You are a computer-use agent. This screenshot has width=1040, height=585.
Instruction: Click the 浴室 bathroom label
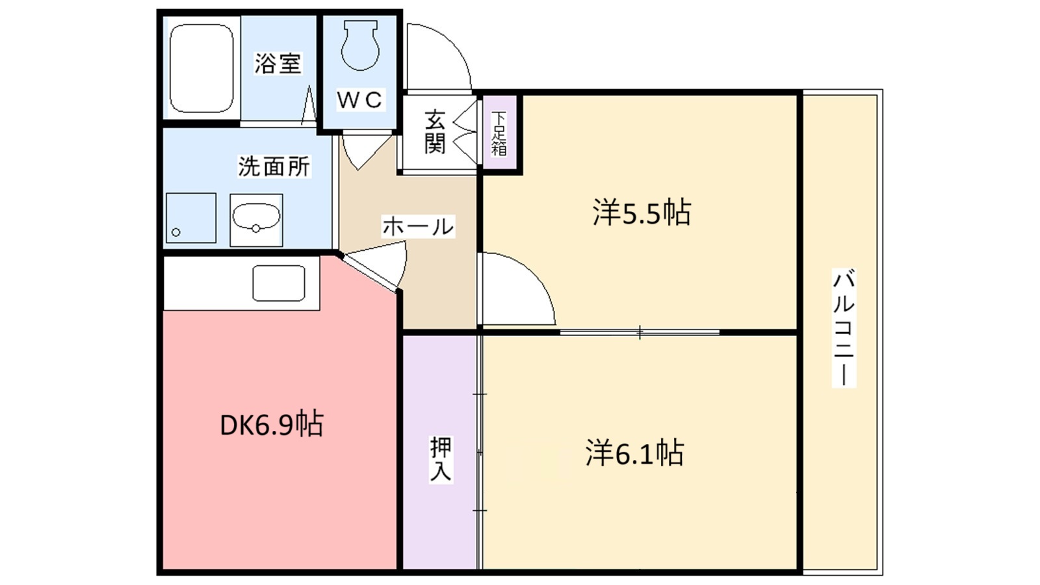[278, 64]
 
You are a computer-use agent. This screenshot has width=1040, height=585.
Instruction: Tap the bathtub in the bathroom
[201, 68]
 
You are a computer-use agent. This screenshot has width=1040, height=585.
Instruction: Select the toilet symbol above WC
[359, 45]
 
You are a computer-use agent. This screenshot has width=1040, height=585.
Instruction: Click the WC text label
[359, 100]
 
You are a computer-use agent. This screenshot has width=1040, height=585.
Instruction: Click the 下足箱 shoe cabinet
[499, 133]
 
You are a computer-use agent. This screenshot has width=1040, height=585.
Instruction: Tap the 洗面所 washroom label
[274, 166]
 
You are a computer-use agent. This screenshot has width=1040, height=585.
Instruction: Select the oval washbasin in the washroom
[256, 219]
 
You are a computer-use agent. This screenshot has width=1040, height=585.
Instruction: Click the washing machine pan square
[190, 218]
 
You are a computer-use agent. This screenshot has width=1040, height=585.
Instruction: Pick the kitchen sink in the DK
[279, 283]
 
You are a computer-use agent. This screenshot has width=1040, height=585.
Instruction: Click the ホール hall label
[417, 226]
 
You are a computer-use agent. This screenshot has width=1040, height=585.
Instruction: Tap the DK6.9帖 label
[271, 425]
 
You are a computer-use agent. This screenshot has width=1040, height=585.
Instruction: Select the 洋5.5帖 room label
[641, 213]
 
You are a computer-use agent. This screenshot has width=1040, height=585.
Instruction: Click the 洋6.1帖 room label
[634, 453]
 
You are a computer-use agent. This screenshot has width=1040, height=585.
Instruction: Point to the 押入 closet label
[440, 459]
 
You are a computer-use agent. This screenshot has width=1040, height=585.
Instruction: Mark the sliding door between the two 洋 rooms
[640, 333]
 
